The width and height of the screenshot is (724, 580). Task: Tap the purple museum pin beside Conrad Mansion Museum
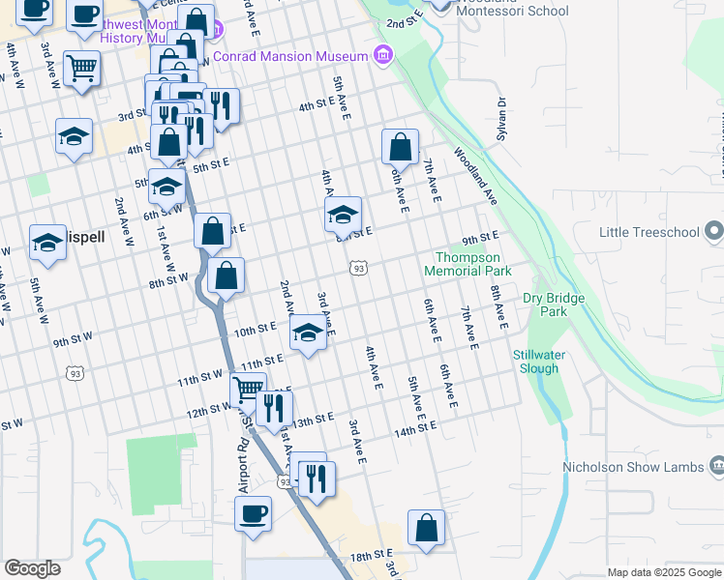coord(384,54)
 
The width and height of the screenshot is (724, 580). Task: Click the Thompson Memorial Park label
coord(468,264)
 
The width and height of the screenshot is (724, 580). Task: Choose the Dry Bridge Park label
coord(554,304)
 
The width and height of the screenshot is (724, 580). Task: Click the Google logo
coord(32,568)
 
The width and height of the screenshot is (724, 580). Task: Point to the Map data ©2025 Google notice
coord(663,572)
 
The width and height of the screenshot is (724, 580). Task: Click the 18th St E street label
coord(369,557)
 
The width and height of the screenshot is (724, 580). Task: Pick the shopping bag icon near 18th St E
coord(426,529)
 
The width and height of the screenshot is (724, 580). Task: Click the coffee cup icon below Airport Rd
coord(253,512)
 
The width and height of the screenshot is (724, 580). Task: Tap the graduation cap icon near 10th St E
coord(308,334)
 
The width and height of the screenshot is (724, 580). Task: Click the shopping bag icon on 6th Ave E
coord(400,148)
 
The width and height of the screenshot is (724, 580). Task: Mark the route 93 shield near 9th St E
coord(358,268)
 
